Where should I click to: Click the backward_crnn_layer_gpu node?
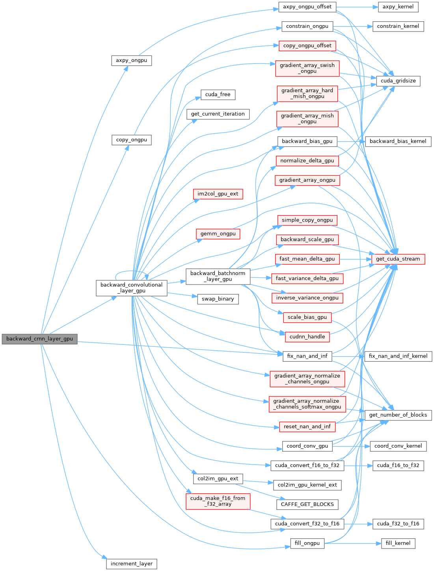click(39, 339)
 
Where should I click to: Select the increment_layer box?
click(131, 564)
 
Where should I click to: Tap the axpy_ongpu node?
click(131, 61)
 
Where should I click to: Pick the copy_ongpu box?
click(131, 140)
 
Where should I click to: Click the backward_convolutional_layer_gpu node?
click(131, 288)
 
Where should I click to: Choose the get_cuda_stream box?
click(398, 259)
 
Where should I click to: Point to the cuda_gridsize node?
click(398, 81)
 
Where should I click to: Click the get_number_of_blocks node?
click(398, 415)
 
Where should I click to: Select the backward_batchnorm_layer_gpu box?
click(218, 276)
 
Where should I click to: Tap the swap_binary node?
click(218, 299)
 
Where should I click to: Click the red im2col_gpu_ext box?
click(218, 194)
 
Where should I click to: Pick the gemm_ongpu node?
click(218, 234)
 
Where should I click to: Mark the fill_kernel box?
click(398, 543)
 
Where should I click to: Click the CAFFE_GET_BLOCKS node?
click(307, 504)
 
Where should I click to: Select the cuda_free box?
click(218, 95)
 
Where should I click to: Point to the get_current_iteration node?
click(218, 114)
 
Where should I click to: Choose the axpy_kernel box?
click(398, 7)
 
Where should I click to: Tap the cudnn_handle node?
click(307, 337)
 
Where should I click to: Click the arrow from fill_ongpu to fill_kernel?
click(353, 543)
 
